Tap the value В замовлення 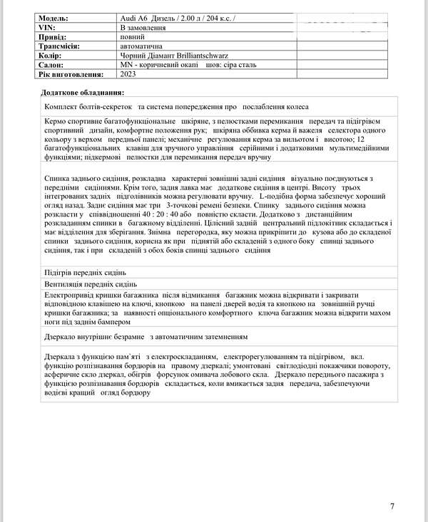click(143, 28)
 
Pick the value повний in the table click(136, 37)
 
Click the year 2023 click(128, 74)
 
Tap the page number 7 click(392, 506)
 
